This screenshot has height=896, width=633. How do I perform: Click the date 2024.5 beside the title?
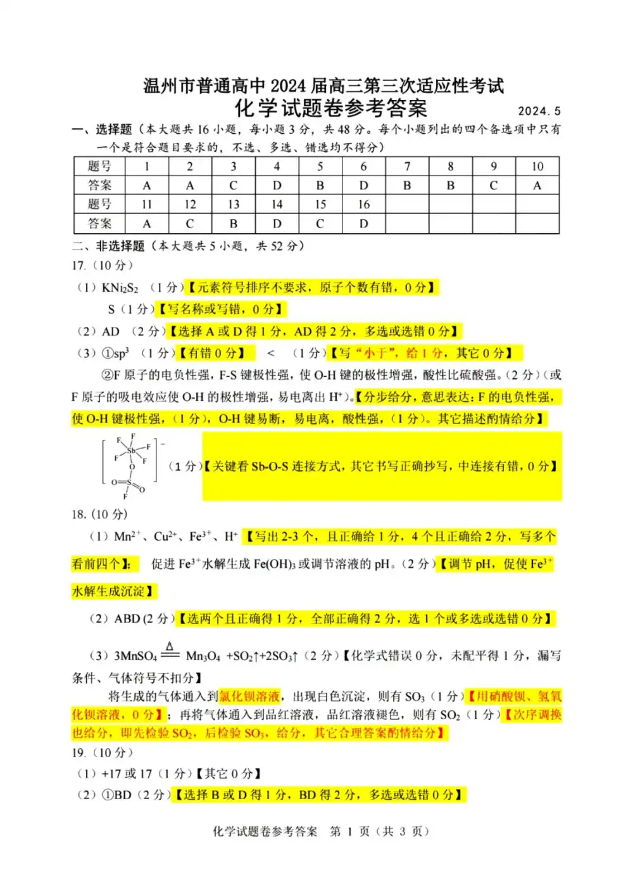click(x=539, y=112)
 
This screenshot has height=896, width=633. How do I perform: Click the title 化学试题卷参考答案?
click(x=331, y=108)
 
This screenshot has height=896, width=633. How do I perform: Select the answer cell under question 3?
click(x=234, y=186)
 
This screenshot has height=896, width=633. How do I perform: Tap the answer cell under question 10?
click(x=537, y=186)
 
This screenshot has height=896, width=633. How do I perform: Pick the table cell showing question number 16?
click(x=363, y=205)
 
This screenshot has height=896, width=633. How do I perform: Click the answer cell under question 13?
click(x=234, y=224)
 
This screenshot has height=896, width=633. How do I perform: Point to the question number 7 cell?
click(x=407, y=167)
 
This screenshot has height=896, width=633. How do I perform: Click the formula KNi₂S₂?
click(x=120, y=288)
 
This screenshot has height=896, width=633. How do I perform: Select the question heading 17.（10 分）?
click(x=103, y=266)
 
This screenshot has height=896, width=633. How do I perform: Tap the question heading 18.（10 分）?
click(x=99, y=514)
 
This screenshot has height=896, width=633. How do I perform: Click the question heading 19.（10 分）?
click(x=103, y=752)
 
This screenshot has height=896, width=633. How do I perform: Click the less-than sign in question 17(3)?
click(x=271, y=353)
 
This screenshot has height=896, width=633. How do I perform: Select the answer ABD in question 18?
click(x=127, y=618)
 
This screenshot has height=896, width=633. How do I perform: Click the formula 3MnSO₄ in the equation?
click(x=135, y=656)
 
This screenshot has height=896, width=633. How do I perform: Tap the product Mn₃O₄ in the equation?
click(x=203, y=656)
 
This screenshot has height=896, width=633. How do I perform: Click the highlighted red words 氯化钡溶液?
click(x=249, y=696)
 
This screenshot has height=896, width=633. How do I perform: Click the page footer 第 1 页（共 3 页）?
click(x=379, y=831)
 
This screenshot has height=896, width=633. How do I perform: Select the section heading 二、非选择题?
click(x=109, y=246)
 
